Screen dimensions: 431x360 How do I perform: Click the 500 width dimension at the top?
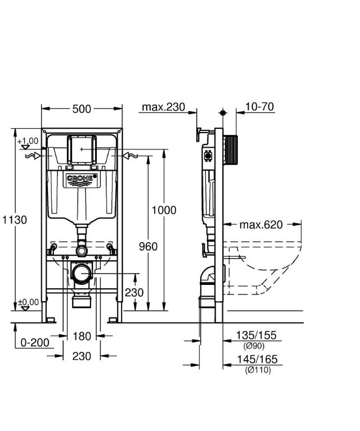(82, 109)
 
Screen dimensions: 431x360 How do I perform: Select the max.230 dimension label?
(163, 107)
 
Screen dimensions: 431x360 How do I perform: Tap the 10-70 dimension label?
(260, 107)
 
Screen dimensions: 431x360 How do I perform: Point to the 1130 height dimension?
(13, 220)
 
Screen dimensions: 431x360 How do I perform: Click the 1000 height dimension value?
(164, 210)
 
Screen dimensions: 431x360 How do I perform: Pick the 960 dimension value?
(148, 246)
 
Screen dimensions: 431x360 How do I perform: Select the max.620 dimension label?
(260, 225)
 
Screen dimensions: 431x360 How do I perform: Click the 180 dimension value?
(82, 336)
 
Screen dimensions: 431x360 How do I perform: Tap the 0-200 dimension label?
(34, 342)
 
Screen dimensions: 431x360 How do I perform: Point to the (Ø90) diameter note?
(254, 346)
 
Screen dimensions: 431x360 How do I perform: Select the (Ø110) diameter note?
(257, 370)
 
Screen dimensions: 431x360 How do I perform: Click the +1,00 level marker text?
(28, 141)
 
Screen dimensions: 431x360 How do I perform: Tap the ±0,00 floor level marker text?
(28, 302)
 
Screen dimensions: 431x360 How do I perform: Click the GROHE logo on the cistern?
(82, 179)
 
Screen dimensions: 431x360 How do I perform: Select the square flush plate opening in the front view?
(82, 149)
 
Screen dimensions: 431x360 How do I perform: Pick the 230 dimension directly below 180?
(82, 356)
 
